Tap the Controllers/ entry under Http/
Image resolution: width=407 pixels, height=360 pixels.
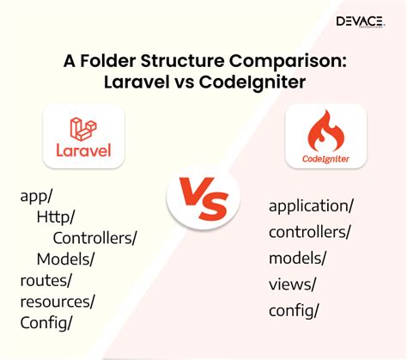pyautogui.click(x=95, y=238)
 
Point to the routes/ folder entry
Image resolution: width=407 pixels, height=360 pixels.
pyautogui.click(x=46, y=280)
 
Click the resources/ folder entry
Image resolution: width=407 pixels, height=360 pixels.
pyautogui.click(x=58, y=302)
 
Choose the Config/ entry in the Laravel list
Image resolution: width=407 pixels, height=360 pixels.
pyautogui.click(x=46, y=323)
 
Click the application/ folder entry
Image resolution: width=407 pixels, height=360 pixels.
pyautogui.click(x=311, y=206)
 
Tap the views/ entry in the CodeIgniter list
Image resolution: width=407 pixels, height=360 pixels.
pyautogui.click(x=292, y=284)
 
